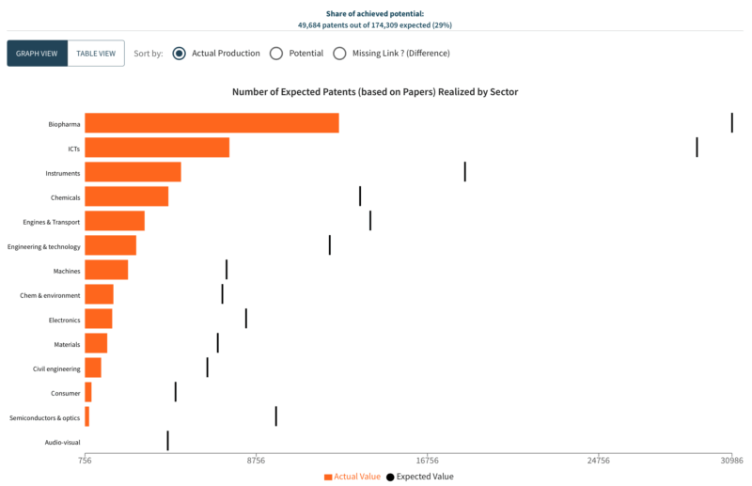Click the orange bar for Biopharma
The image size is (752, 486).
click(211, 123)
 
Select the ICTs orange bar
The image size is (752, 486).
click(157, 148)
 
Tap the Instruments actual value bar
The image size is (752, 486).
click(133, 172)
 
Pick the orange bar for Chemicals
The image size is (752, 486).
click(127, 196)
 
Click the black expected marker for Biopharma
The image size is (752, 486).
click(731, 123)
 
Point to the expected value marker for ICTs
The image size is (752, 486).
click(697, 148)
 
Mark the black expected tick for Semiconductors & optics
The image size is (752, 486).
click(275, 416)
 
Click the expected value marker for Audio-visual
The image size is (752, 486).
click(167, 441)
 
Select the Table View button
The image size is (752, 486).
click(96, 54)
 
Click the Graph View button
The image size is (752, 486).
click(38, 54)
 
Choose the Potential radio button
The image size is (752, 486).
click(276, 54)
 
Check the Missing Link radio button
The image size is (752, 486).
click(339, 54)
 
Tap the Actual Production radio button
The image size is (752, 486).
click(179, 54)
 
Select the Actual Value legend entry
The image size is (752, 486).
click(352, 477)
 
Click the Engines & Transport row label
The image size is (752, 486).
click(52, 222)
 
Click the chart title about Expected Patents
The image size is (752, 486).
click(375, 92)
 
